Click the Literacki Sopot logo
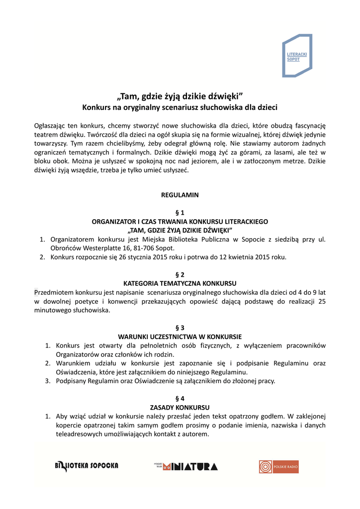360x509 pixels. [297, 55]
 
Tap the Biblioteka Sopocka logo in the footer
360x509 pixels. [87, 466]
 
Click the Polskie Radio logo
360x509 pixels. [278, 466]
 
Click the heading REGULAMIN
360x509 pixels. [180, 195]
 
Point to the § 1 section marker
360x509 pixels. [180, 213]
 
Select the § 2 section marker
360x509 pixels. [180, 274]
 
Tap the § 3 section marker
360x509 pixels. [180, 328]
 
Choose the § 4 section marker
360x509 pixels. [180, 398]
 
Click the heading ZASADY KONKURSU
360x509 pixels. [180, 407]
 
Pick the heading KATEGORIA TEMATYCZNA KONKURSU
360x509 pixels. [180, 283]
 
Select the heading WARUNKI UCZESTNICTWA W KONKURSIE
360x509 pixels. [180, 337]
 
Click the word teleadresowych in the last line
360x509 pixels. [79, 434]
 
